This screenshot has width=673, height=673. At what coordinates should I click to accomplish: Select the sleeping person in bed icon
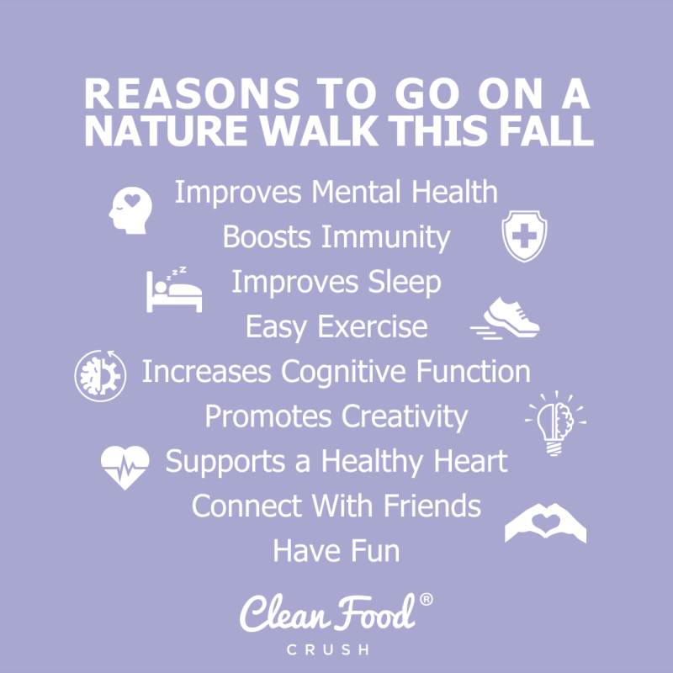[x=174, y=290]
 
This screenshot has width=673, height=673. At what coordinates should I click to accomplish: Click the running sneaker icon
[x=506, y=318]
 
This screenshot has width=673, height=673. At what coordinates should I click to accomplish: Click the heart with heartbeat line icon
[x=125, y=465]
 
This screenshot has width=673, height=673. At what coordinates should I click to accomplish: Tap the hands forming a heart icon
[x=545, y=523]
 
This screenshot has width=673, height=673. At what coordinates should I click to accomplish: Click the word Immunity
[x=385, y=238]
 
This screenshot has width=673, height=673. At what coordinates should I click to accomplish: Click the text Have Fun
[x=336, y=551]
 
